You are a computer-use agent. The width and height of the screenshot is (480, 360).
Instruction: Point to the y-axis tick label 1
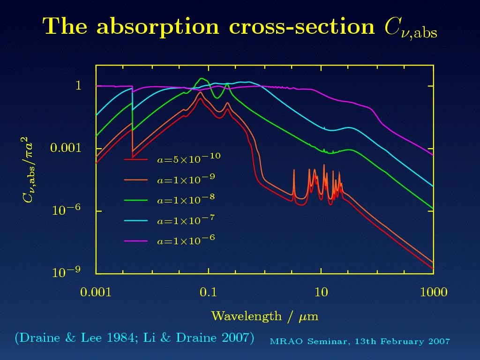[x=79, y=86]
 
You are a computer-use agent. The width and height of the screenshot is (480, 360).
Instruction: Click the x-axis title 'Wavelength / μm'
[x=265, y=316]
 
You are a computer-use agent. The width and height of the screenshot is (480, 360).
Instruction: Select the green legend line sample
[x=135, y=200]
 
